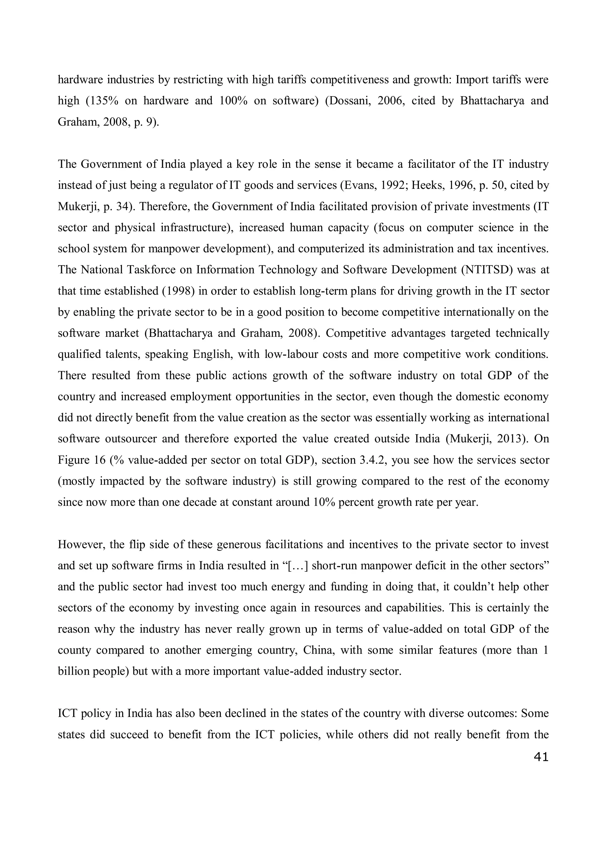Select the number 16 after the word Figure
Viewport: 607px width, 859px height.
tap(95, 460)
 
